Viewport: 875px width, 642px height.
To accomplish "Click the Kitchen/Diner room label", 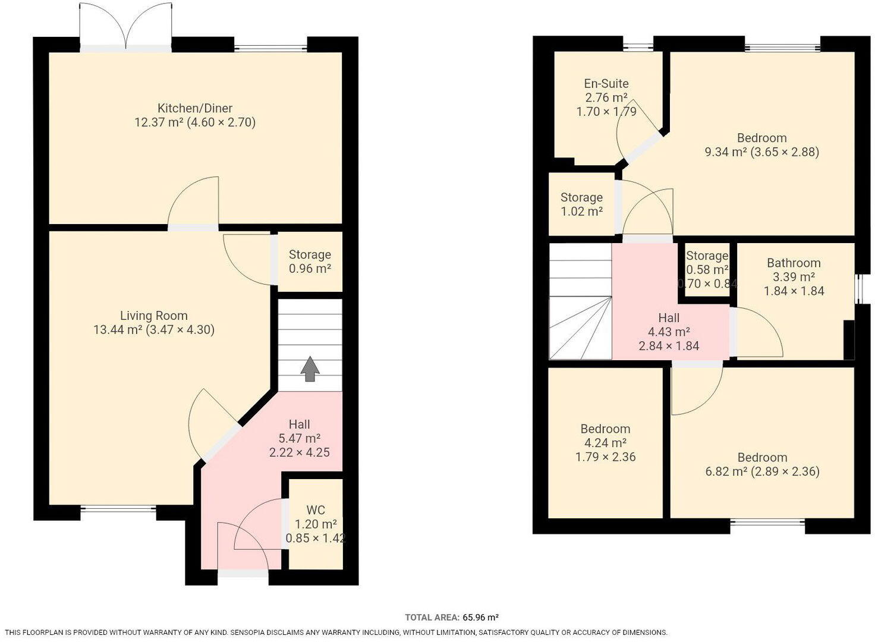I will [x=194, y=108].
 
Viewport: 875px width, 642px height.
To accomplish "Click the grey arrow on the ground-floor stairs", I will [x=310, y=369].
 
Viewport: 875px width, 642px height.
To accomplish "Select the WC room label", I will [x=316, y=510].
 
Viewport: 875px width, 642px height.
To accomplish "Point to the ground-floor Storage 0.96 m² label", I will [x=310, y=262].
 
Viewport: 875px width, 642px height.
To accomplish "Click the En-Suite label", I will [x=606, y=84].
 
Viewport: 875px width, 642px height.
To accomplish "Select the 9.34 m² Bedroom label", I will [x=761, y=138].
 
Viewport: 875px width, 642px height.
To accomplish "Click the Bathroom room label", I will [x=793, y=263].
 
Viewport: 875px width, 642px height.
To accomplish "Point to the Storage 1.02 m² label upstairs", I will [x=581, y=204].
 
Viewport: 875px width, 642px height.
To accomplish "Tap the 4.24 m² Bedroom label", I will [x=605, y=429].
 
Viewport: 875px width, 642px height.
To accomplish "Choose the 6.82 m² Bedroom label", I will [x=762, y=458].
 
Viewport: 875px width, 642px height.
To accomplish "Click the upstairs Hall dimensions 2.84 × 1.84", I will [x=669, y=346].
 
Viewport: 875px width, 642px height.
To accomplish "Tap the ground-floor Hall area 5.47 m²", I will [x=299, y=439].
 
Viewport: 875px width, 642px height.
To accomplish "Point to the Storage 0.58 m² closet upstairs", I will [x=706, y=269].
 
